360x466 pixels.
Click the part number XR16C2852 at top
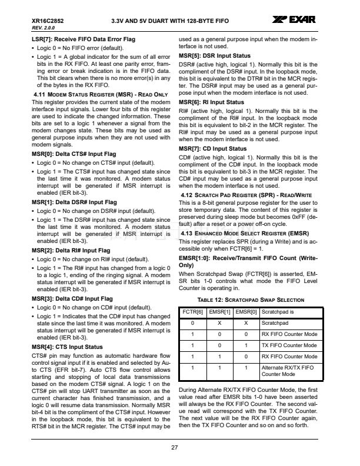pyautogui.click(x=48, y=21)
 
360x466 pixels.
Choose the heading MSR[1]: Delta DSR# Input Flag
pyautogui.click(x=74, y=202)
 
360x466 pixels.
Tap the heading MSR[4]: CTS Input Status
pyautogui.click(x=66, y=347)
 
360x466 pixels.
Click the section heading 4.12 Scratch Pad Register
pyautogui.click(x=246, y=195)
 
